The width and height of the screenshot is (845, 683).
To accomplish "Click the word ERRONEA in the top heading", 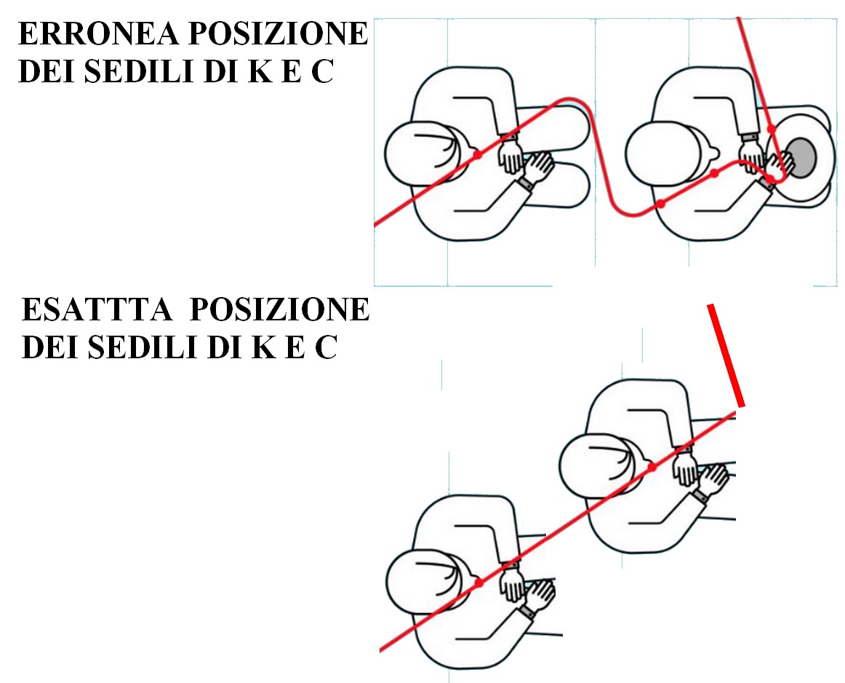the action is point(99,33).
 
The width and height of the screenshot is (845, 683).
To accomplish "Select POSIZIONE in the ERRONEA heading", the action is point(278,33).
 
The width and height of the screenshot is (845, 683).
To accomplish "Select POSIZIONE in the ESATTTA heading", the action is point(280,309).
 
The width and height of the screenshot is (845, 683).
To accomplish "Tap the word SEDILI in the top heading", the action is point(140,71).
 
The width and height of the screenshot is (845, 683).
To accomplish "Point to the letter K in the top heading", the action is point(260,71).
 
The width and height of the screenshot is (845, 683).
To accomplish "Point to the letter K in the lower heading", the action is point(264,347).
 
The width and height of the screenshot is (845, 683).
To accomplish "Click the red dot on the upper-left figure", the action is point(477,155).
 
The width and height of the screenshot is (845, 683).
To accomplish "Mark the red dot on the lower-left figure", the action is point(479,583).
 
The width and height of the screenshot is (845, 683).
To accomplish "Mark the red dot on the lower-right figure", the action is point(652,467).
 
